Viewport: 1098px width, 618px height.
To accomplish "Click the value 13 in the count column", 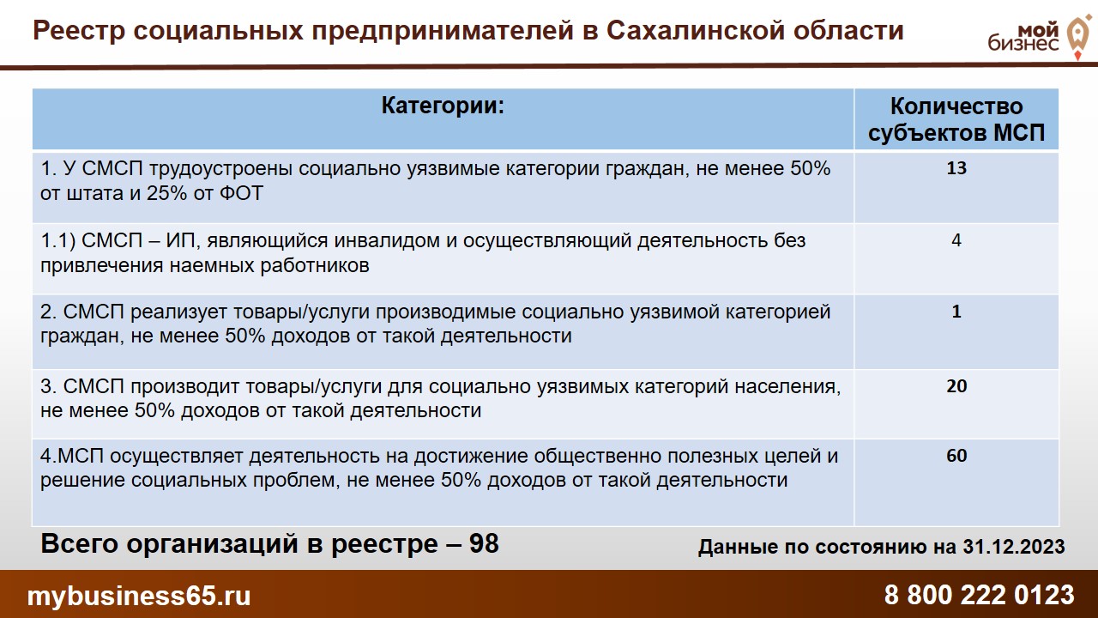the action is (956, 168).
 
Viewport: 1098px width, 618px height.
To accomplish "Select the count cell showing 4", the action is (956, 240).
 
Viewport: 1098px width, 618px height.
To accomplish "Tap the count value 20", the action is (956, 386).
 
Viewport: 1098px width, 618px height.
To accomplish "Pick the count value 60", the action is (956, 456).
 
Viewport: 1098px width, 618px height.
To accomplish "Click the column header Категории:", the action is (443, 106).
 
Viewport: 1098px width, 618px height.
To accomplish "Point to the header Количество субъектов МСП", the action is (956, 119).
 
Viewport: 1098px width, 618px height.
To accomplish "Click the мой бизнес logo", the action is (1039, 36).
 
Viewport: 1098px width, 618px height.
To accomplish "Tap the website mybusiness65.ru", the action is (139, 596).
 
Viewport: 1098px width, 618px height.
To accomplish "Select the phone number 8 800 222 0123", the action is (979, 595).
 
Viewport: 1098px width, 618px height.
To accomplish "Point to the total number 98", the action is (484, 543).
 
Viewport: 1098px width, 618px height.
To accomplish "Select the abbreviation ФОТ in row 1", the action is (241, 193).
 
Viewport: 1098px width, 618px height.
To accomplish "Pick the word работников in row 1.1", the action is (315, 266).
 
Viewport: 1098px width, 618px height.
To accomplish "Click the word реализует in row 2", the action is (181, 312).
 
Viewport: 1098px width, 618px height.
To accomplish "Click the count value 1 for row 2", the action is (956, 312).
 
